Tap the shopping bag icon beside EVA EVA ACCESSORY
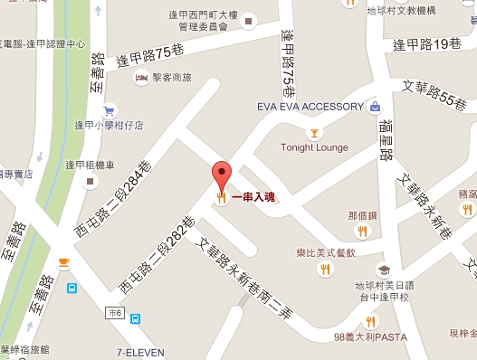375,107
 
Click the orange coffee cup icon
63,262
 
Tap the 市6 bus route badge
115,312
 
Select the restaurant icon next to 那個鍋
362,231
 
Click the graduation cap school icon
383,270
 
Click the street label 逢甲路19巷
427,42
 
